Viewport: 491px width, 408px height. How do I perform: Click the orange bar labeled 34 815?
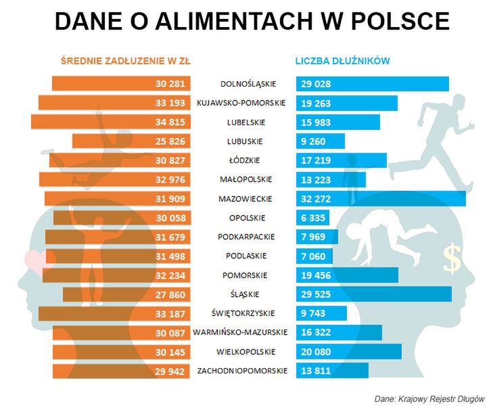pos(111,122)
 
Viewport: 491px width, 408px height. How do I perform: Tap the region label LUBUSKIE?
pos(245,141)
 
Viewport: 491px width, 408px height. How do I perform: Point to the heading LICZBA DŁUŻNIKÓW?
pos(342,61)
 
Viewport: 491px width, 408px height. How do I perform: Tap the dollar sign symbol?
pos(452,258)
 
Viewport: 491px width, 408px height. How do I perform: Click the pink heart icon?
pos(35,260)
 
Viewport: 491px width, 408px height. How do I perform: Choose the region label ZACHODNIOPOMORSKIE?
pos(242,371)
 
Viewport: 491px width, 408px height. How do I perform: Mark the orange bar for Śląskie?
pos(126,294)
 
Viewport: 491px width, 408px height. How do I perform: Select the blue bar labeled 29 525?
pos(374,294)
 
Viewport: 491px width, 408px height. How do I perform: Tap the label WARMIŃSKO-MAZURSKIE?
pos(240,332)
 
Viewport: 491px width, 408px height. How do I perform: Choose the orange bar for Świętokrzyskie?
pos(114,313)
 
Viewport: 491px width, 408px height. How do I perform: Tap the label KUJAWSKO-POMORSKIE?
pos(241,104)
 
